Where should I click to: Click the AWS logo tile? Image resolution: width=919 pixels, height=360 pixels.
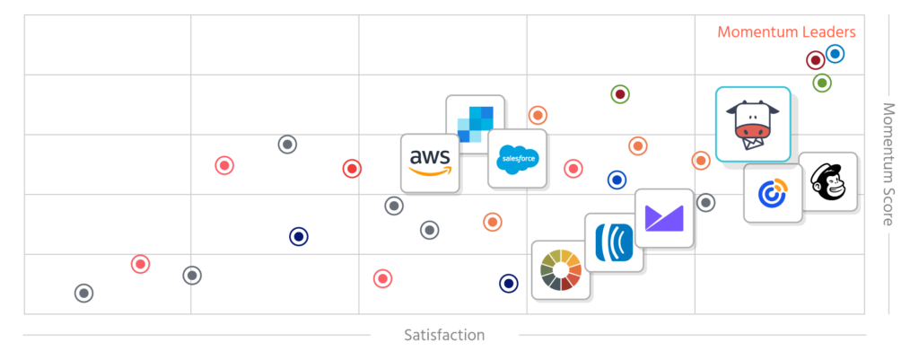[430, 162]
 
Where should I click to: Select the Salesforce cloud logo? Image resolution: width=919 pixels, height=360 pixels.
[517, 158]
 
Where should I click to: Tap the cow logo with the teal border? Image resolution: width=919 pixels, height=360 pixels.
[752, 124]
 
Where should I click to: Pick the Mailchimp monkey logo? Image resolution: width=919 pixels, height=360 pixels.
[827, 181]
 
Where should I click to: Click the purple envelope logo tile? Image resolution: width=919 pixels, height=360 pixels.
[663, 218]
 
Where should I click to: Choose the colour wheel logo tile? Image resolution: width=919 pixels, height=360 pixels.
[561, 269]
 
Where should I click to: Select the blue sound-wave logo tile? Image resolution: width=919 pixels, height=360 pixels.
[614, 241]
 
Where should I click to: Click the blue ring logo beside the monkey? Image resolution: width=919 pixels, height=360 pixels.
[772, 193]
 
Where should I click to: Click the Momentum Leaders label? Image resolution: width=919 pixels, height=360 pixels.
[786, 31]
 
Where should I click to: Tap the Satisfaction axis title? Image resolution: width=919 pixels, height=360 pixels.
[444, 335]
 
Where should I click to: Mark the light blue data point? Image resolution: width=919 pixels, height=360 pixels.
[835, 54]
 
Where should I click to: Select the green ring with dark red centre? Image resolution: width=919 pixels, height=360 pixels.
[619, 94]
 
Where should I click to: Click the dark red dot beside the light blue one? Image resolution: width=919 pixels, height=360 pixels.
[815, 61]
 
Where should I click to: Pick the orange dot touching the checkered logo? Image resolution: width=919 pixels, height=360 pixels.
[537, 115]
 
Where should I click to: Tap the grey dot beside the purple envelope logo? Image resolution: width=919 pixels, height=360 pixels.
[705, 202]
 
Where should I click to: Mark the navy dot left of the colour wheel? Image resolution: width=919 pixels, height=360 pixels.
[509, 284]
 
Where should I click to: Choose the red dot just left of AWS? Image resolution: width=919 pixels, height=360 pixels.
[352, 168]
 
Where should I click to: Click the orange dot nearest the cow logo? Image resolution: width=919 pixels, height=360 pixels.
[701, 160]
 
